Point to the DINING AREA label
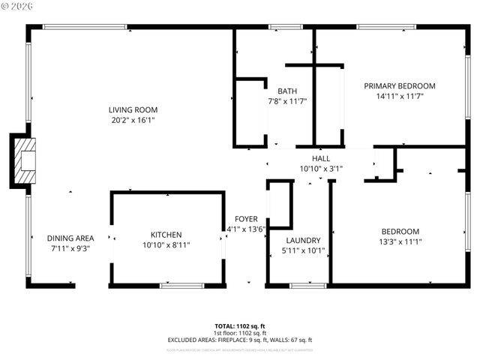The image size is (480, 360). tap(70, 238)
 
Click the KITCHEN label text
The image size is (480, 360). tap(166, 235)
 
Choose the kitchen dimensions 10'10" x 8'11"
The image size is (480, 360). tap(166, 245)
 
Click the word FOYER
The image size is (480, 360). tap(246, 219)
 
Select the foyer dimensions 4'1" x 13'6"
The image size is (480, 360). tap(246, 229)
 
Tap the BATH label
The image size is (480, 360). tap(287, 91)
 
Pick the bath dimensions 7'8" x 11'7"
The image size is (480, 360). tap(287, 101)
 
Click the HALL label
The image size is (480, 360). tap(321, 159)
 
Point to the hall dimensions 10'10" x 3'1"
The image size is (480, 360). tap(321, 169)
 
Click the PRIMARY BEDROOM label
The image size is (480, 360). tap(400, 86)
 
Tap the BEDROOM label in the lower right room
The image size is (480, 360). tap(400, 232)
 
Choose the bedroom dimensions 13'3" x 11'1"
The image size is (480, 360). tap(400, 241)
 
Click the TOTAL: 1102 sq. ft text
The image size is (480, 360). tap(239, 325)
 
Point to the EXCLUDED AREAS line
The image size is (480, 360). tap(239, 340)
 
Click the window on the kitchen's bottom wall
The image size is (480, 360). tap(181, 286)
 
